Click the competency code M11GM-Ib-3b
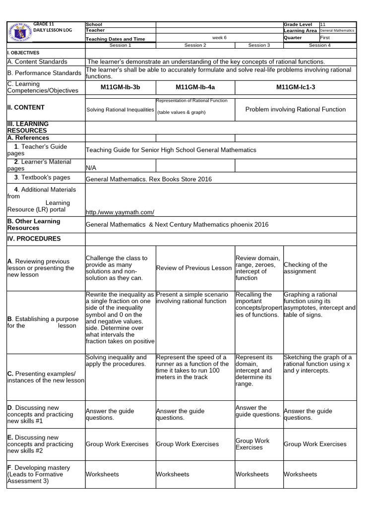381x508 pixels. [x=120, y=87]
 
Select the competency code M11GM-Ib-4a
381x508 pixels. [x=195, y=87]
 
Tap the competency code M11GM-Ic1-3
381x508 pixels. [x=295, y=87]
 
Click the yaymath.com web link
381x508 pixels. [x=120, y=212]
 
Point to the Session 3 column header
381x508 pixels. [x=258, y=45]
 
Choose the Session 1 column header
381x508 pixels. [x=120, y=45]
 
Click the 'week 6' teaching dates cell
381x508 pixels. [x=219, y=38]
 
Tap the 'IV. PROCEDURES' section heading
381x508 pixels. [x=34, y=239]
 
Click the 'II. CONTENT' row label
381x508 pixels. [x=26, y=107]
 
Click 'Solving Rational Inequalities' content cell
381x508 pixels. [x=120, y=110]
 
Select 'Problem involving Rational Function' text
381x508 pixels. [x=295, y=109]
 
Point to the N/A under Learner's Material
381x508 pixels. [x=91, y=168]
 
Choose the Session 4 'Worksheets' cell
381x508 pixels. [x=300, y=474]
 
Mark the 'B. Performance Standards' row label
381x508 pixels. [x=44, y=73]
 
